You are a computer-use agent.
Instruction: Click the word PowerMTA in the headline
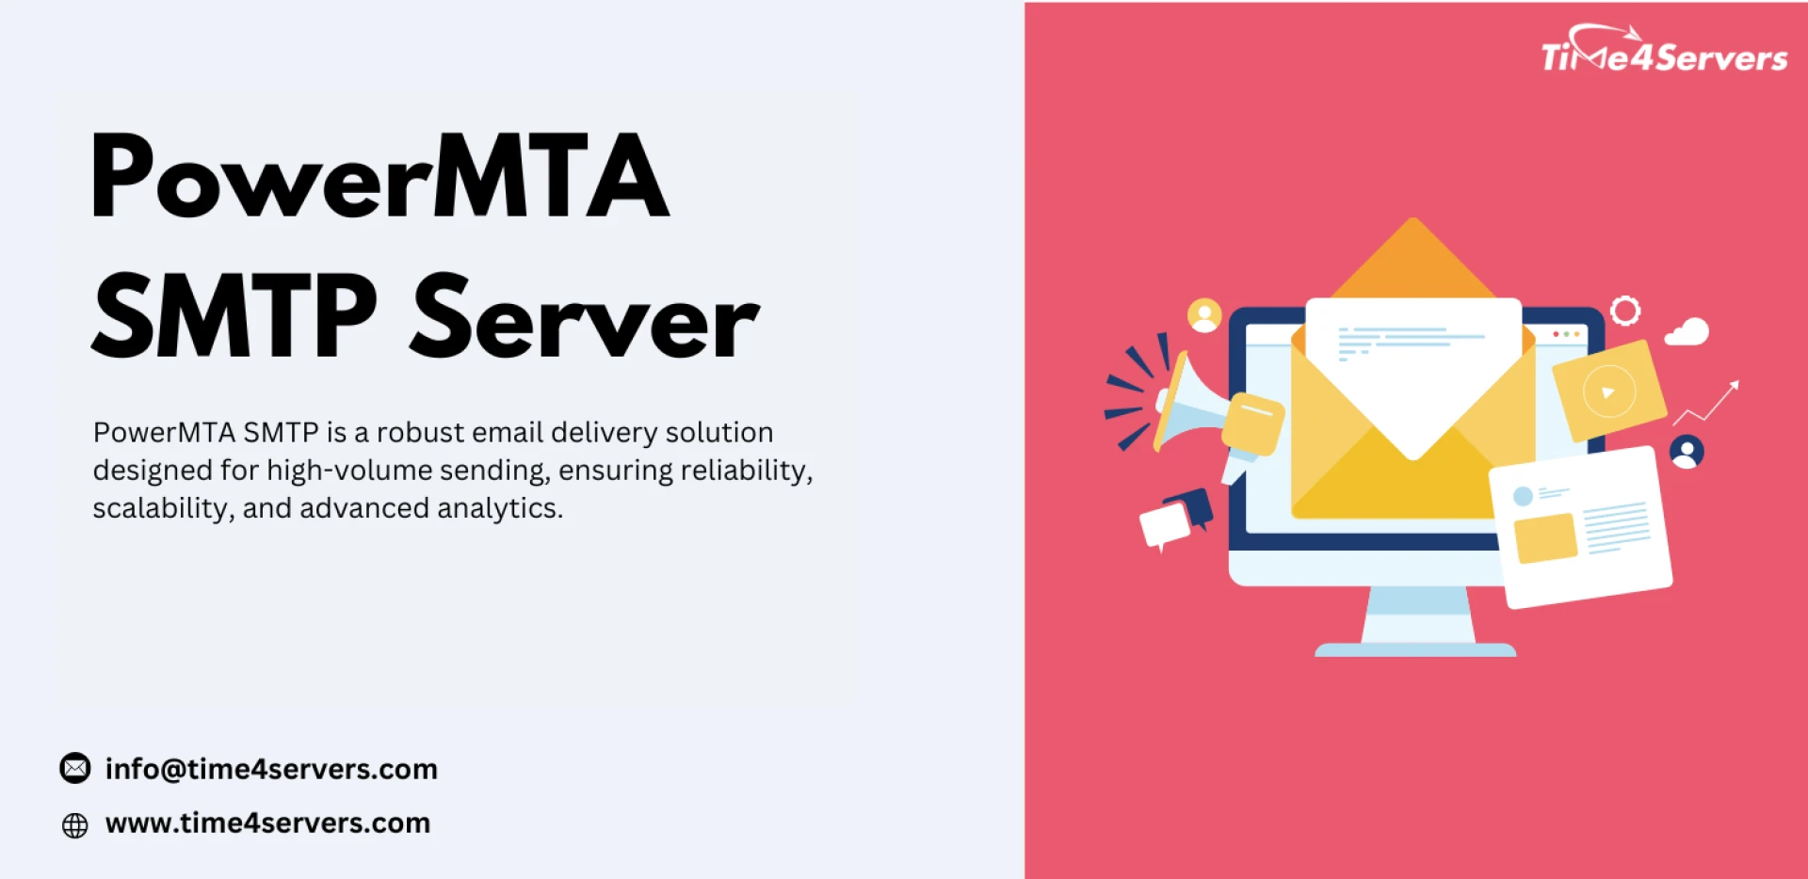pyautogui.click(x=379, y=177)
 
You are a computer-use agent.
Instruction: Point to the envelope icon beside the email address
pyautogui.click(x=75, y=769)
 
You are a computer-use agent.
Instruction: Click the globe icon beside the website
pyautogui.click(x=75, y=825)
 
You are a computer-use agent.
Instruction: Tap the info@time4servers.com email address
pyautogui.click(x=271, y=769)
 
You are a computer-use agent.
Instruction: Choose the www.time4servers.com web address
pyautogui.click(x=267, y=823)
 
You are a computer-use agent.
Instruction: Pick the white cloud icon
pyautogui.click(x=1687, y=332)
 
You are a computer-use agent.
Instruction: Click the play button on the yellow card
pyautogui.click(x=1608, y=392)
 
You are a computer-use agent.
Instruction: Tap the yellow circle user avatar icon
pyautogui.click(x=1204, y=315)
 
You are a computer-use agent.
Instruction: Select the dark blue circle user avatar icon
pyautogui.click(x=1687, y=453)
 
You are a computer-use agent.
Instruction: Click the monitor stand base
pyautogui.click(x=1415, y=649)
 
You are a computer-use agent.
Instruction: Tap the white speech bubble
pyautogui.click(x=1164, y=524)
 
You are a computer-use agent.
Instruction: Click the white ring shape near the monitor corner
pyautogui.click(x=1625, y=311)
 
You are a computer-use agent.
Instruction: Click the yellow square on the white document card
pyautogui.click(x=1544, y=538)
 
